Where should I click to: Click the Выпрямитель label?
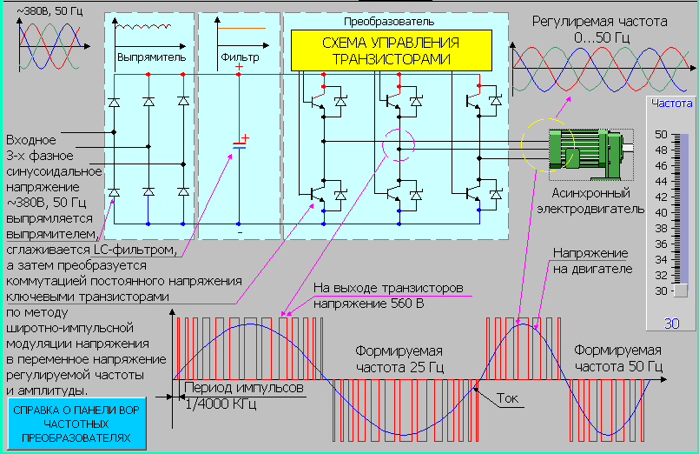click(151, 57)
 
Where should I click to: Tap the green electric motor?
click(578, 152)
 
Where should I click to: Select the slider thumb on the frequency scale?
click(681, 290)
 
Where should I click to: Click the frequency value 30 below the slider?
click(671, 324)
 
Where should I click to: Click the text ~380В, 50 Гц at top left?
click(45, 10)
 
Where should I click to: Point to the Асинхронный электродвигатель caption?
click(597, 202)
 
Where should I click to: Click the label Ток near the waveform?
click(510, 399)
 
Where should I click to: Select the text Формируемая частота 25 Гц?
click(399, 359)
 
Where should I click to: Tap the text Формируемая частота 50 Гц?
click(617, 359)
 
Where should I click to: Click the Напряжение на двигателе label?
click(590, 261)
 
